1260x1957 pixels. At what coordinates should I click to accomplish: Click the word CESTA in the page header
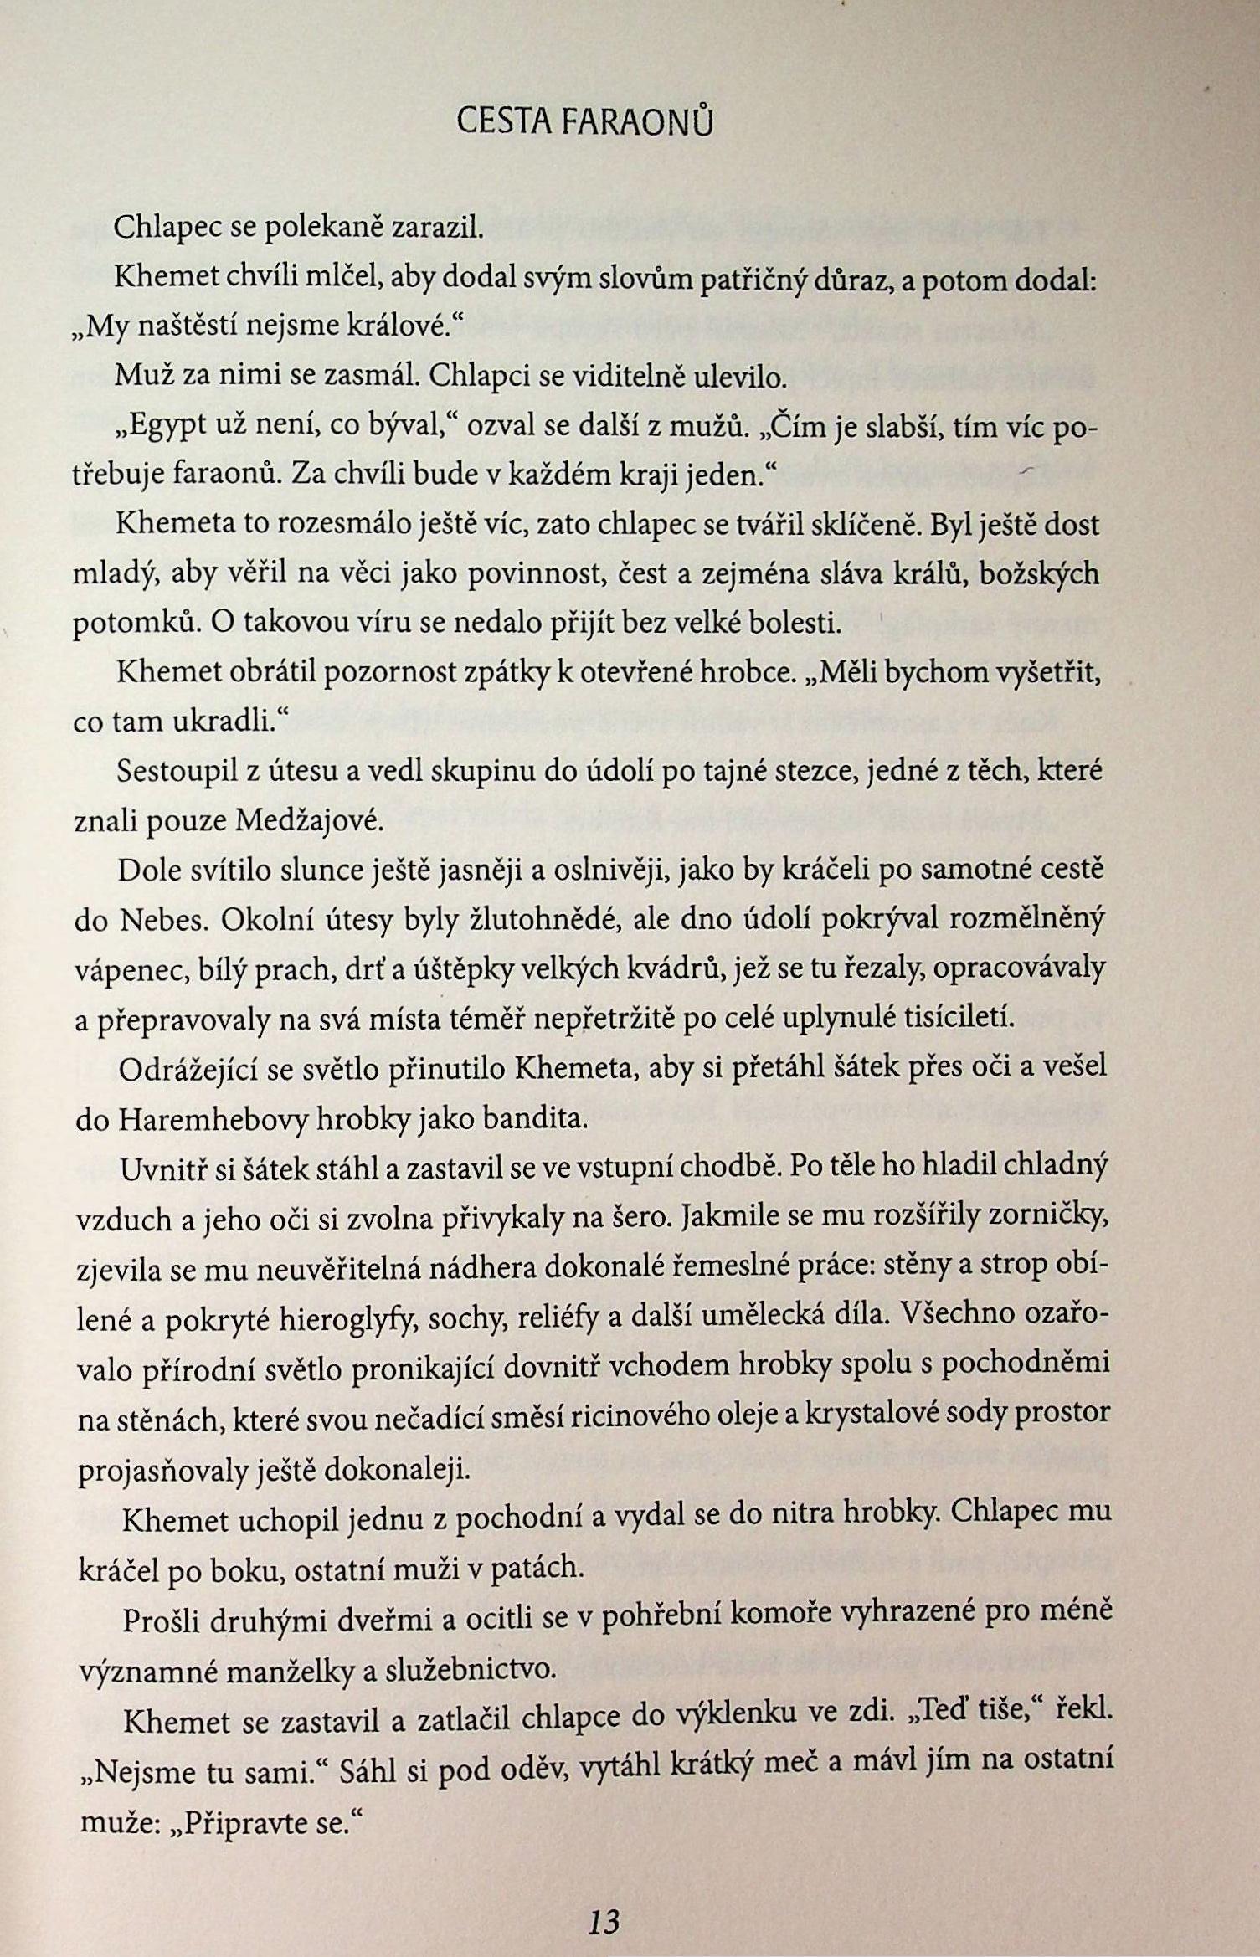click(503, 124)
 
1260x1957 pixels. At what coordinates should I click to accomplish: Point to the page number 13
click(604, 1897)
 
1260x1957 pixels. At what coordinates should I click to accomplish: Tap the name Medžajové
click(308, 822)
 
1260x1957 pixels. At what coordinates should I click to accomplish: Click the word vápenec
click(119, 971)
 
